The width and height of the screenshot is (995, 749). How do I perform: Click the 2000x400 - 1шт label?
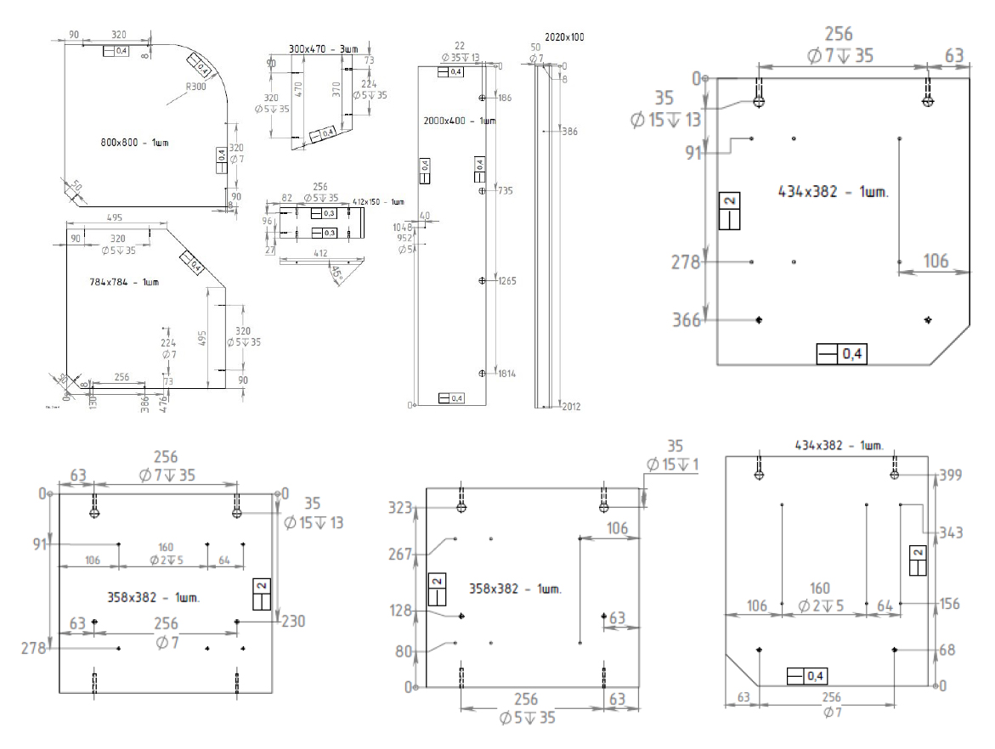tap(459, 121)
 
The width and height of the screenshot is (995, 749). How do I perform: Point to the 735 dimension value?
tap(504, 192)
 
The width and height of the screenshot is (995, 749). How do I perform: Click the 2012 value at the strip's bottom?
tap(571, 407)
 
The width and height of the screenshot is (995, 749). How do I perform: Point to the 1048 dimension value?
tap(403, 228)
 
